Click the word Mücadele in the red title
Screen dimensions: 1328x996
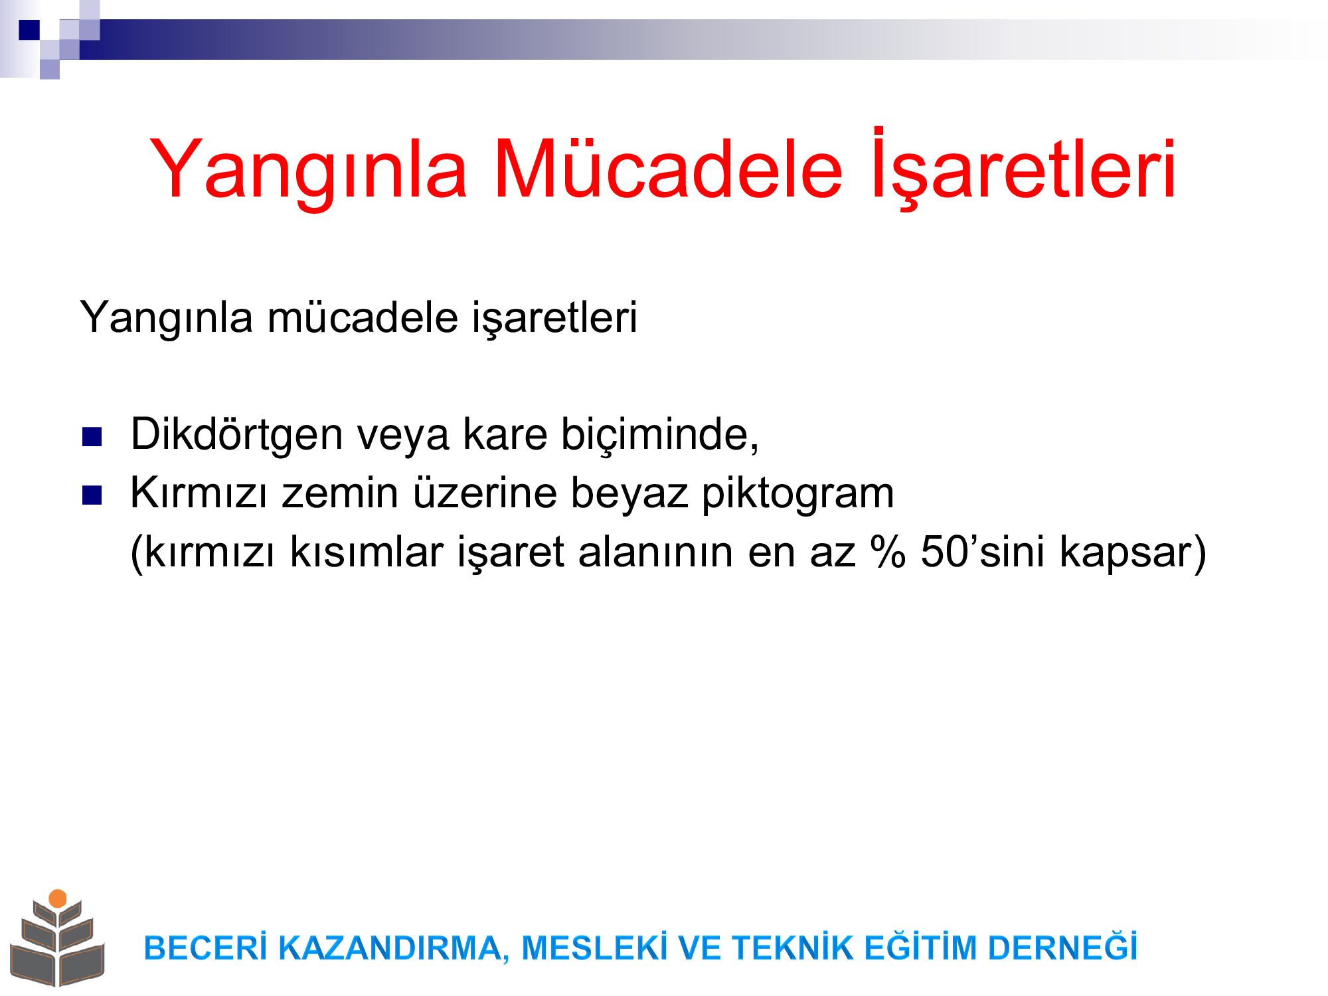[x=668, y=169]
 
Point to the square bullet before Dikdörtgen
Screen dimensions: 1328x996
[x=92, y=436]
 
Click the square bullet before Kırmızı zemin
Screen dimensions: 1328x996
[x=92, y=495]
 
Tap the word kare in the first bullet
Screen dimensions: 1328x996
[x=505, y=435]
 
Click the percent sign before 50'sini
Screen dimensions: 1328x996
[x=888, y=552]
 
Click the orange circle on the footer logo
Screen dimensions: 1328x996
[x=58, y=898]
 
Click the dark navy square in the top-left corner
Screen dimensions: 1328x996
[x=29, y=30]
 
